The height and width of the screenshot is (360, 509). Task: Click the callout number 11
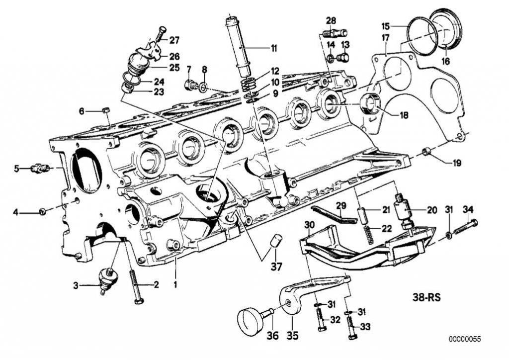tap(273, 49)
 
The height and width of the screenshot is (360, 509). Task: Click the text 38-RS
tap(426, 299)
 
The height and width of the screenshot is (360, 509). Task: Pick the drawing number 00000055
tap(465, 339)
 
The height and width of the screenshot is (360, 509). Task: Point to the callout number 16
tap(445, 62)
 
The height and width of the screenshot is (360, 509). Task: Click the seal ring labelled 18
tap(370, 103)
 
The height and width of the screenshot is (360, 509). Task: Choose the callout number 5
tap(16, 169)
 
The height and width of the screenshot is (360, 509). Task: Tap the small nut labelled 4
tap(43, 212)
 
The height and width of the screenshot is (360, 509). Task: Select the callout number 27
tap(174, 40)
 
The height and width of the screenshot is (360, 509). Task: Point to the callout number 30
tap(309, 225)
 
